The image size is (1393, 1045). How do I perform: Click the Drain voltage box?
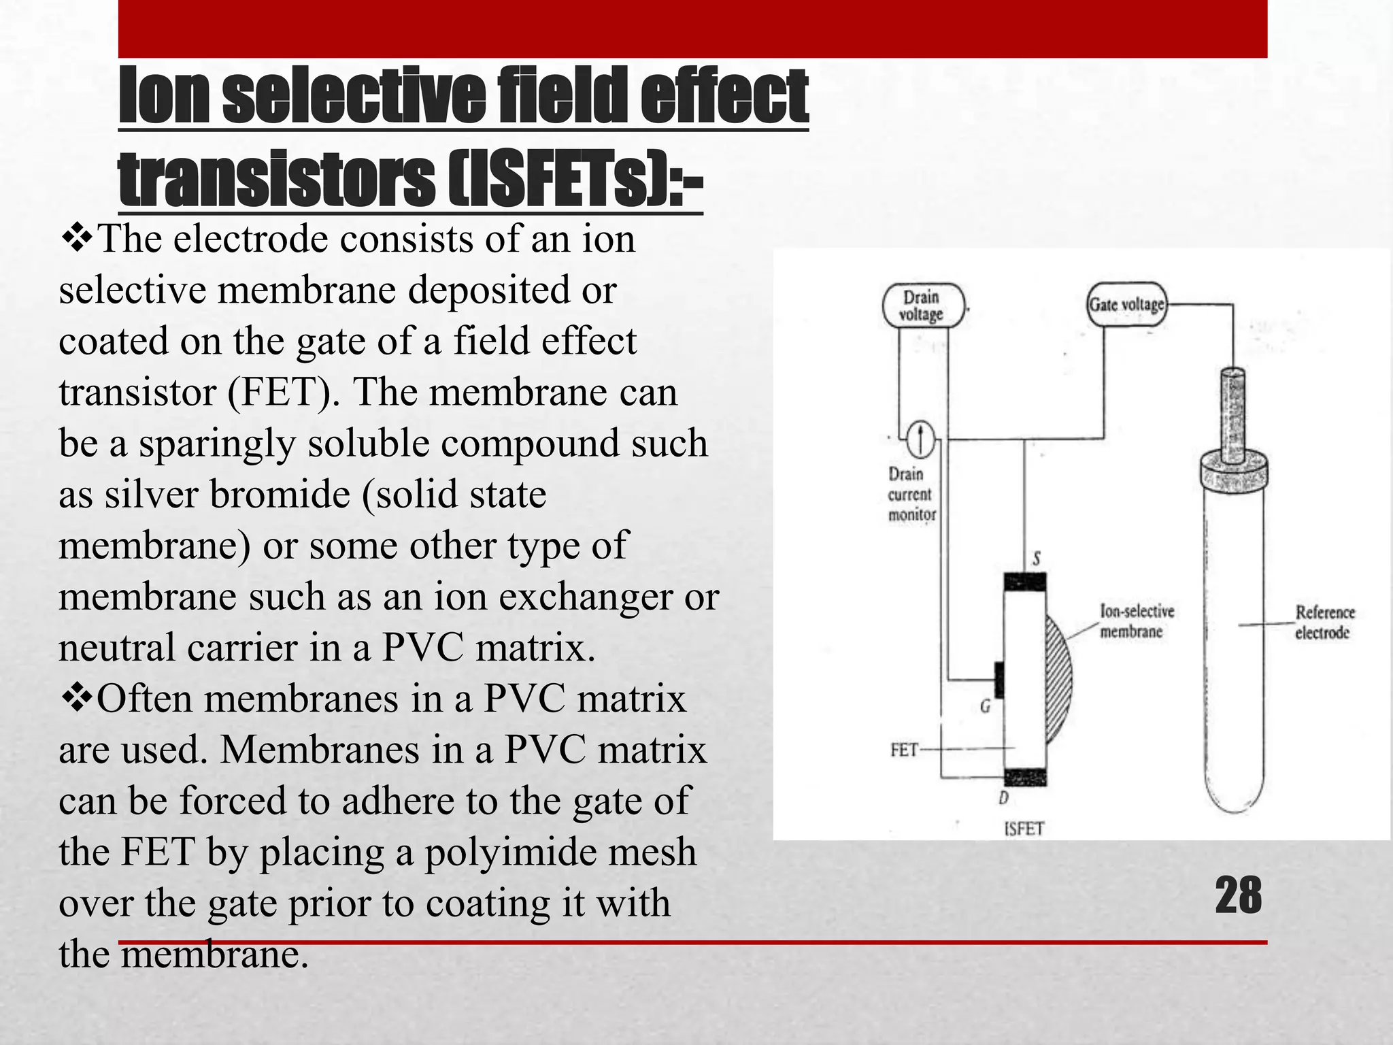coord(922,305)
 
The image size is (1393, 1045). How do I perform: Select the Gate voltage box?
coord(1127,304)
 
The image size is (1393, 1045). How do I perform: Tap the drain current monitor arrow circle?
coord(920,439)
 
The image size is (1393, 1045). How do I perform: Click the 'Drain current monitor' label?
coord(911,495)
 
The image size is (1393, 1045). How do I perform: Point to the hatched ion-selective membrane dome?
coord(1058,674)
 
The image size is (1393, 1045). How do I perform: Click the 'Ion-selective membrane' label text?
coord(1137,621)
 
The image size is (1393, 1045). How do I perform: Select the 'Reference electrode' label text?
coord(1324,622)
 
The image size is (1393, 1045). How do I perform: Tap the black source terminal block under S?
coord(1024,582)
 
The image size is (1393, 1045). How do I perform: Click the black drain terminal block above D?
coord(1025,778)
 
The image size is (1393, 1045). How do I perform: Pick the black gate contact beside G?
coord(999,680)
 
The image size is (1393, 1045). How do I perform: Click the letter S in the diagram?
coord(1036,559)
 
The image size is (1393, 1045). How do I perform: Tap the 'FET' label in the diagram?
coord(904,750)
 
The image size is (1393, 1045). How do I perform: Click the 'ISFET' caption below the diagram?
coord(1024,829)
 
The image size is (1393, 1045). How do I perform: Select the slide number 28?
coord(1238,896)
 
